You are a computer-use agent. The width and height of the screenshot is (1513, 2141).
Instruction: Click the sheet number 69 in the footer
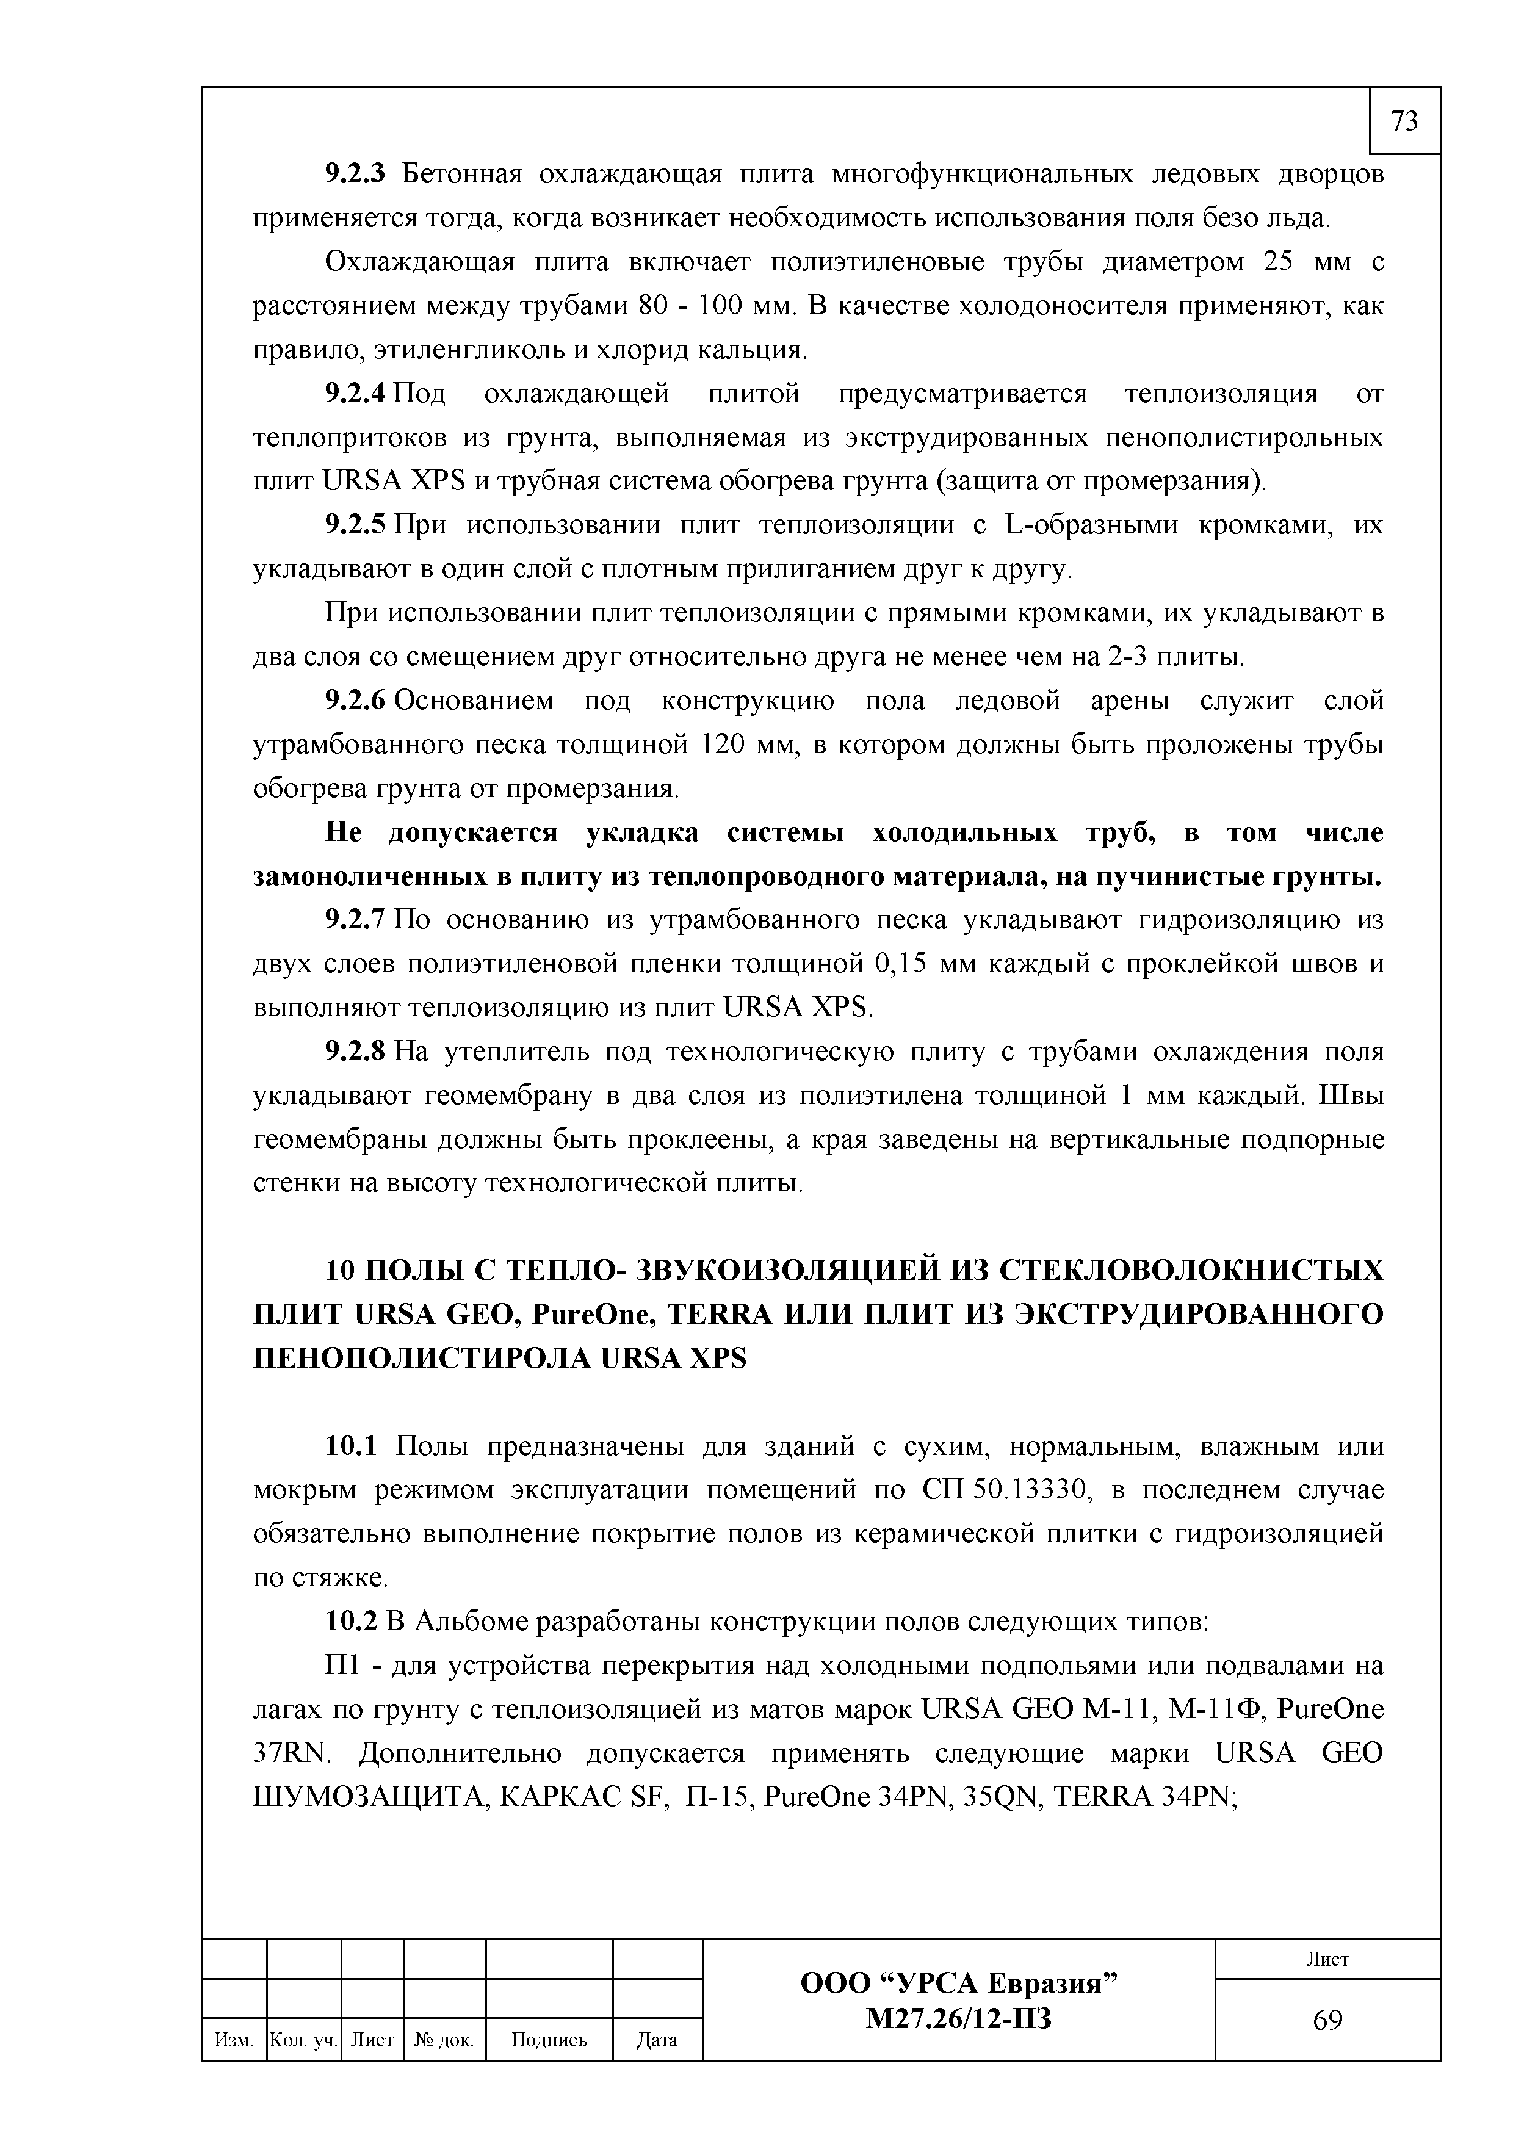pyautogui.click(x=1327, y=2020)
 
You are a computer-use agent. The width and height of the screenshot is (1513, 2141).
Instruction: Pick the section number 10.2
pyautogui.click(x=350, y=1622)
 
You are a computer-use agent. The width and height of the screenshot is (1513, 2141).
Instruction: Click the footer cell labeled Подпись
pyautogui.click(x=549, y=2040)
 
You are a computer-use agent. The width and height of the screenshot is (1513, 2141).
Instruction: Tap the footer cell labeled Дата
pyautogui.click(x=657, y=2040)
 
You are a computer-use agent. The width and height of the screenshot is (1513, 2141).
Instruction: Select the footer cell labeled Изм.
pyautogui.click(x=234, y=2040)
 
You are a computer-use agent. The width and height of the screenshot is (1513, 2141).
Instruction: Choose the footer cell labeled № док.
pyautogui.click(x=445, y=2040)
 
